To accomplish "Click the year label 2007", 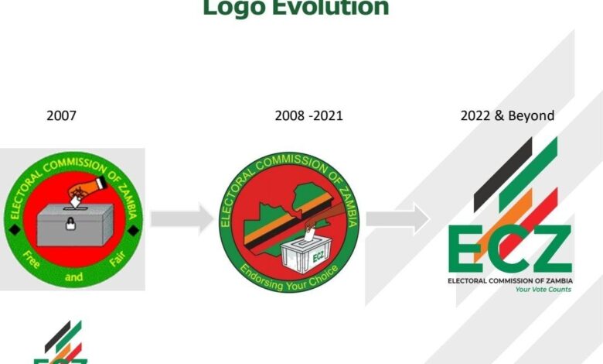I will tap(62, 116).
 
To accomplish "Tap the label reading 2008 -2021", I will tap(308, 116).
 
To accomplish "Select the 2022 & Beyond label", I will tap(507, 116).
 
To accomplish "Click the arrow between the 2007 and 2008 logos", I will tap(182, 219).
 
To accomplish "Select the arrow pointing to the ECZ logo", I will tap(397, 219).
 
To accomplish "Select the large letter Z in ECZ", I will tap(550, 249).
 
